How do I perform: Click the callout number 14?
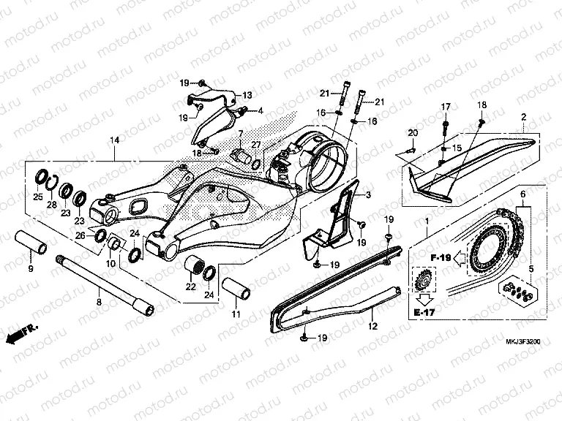(114, 140)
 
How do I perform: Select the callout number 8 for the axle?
(100, 301)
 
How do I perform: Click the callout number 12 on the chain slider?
(372, 327)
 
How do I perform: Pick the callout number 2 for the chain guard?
(523, 117)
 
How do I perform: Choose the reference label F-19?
(439, 257)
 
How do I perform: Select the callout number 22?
(191, 287)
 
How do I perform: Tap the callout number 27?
(256, 145)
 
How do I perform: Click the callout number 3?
(368, 195)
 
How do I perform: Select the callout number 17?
(445, 107)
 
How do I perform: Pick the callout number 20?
(412, 132)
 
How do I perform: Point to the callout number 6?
(522, 195)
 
